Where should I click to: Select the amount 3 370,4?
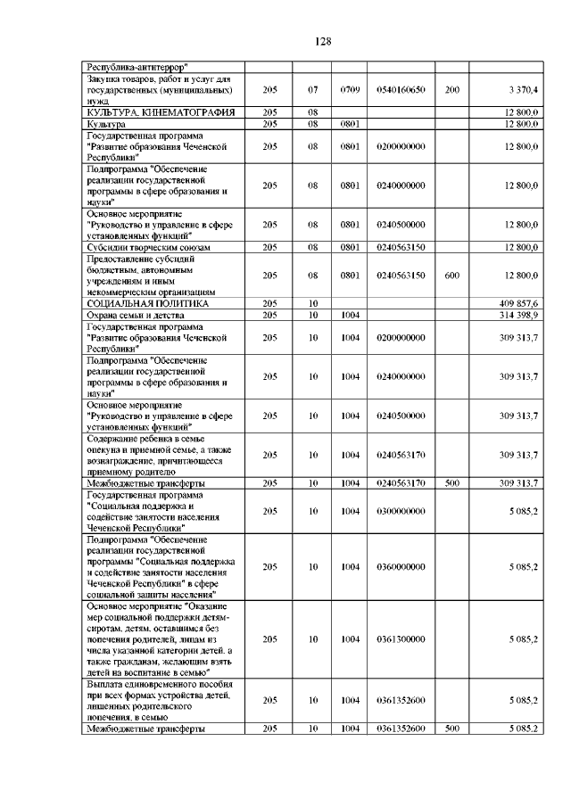pos(522,90)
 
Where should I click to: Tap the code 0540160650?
pos(401,90)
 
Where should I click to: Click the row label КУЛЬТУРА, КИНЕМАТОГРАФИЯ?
pos(160,112)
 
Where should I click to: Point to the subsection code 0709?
pos(350,90)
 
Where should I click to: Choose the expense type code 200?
pos(452,90)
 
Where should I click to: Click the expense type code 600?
pos(452,276)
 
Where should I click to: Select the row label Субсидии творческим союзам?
pos(148,247)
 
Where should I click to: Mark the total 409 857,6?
pos(518,304)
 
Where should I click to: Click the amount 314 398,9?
pos(518,315)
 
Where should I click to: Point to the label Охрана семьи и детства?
pos(135,315)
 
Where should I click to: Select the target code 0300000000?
pos(401,511)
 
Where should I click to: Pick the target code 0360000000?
pos(401,566)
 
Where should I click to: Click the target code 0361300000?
pos(401,639)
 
